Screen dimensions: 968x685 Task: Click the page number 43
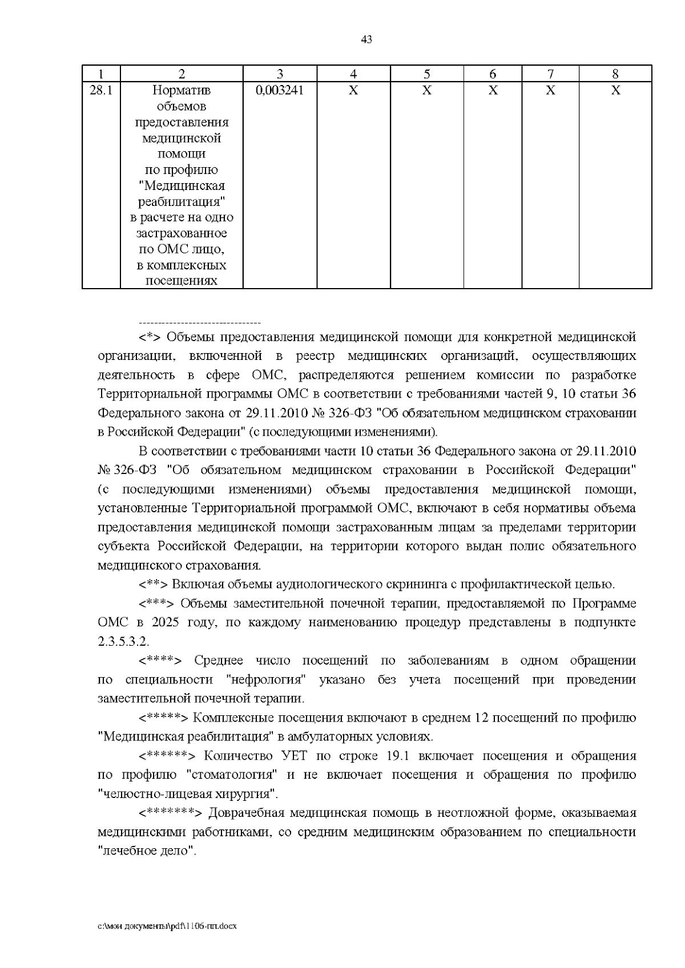366,39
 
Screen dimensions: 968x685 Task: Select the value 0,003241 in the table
280,90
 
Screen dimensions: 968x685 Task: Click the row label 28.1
100,90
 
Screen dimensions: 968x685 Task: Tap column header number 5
426,74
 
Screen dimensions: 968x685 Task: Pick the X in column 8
615,90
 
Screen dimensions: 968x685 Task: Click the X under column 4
353,90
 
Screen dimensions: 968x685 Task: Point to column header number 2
182,74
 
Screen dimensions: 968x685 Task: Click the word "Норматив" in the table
182,90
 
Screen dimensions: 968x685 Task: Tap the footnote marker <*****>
163,718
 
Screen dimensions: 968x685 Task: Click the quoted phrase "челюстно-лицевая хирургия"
189,793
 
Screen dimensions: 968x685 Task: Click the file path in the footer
167,926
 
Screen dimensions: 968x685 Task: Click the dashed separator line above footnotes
200,323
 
